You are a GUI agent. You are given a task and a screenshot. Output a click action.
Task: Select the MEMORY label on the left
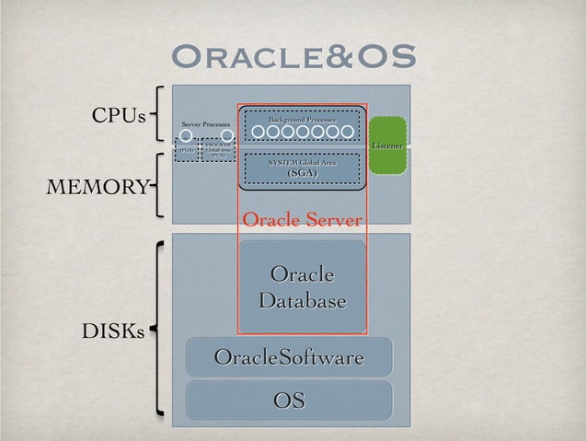97,188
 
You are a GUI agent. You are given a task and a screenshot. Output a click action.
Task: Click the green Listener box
386,145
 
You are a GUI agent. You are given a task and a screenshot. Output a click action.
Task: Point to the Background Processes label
302,120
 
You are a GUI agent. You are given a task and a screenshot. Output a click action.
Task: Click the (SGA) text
302,173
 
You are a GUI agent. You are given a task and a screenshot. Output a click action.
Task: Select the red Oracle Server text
302,220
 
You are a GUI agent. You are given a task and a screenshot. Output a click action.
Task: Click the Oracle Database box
302,287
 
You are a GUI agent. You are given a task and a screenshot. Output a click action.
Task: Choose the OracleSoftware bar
289,356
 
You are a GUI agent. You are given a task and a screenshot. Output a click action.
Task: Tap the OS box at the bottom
289,400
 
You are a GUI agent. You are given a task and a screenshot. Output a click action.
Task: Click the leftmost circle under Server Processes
185,135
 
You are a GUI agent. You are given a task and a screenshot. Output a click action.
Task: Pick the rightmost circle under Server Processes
227,135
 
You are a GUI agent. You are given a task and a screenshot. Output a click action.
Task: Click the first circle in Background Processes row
259,133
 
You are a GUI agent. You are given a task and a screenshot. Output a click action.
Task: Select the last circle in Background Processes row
347,133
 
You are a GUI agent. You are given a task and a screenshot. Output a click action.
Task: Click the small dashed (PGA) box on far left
186,150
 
